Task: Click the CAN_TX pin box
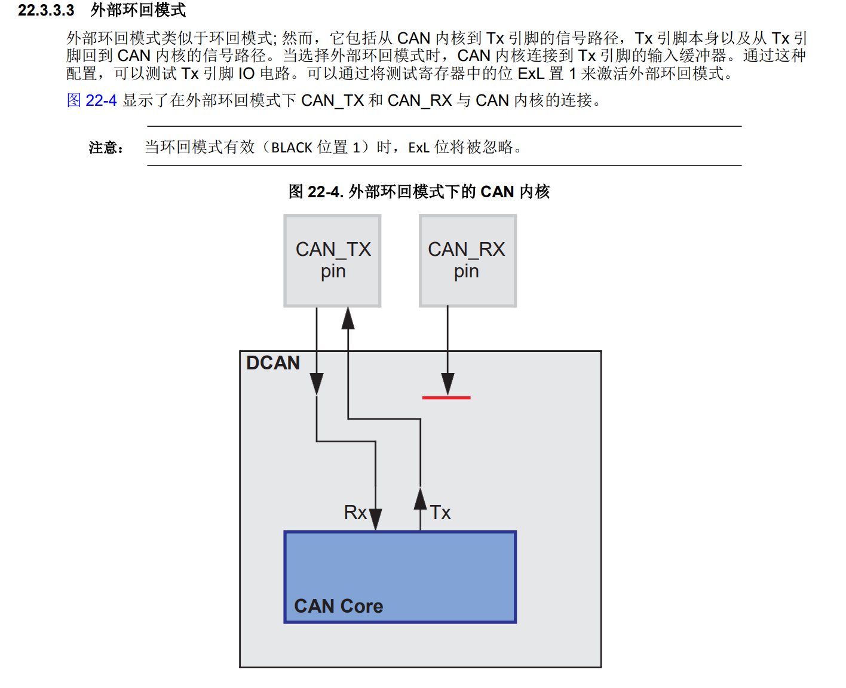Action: pos(332,261)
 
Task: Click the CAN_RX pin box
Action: pos(467,261)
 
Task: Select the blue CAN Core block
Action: pos(400,577)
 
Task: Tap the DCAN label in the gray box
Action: pos(273,363)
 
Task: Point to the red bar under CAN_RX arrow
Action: pos(446,397)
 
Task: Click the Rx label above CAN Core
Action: pos(355,512)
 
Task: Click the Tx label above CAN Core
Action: pos(440,512)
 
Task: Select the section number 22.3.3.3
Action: pos(46,10)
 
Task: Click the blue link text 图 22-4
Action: pos(91,100)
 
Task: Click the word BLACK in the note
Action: pos(292,148)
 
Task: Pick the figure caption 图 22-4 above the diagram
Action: pos(419,192)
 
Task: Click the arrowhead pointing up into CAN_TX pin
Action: pos(348,319)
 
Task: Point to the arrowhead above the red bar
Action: pos(447,383)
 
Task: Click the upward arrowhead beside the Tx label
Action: pos(421,500)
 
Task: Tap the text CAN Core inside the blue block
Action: pos(339,606)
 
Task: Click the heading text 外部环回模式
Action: pos(138,10)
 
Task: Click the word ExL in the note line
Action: pos(419,148)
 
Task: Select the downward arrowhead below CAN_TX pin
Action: pos(317,383)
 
